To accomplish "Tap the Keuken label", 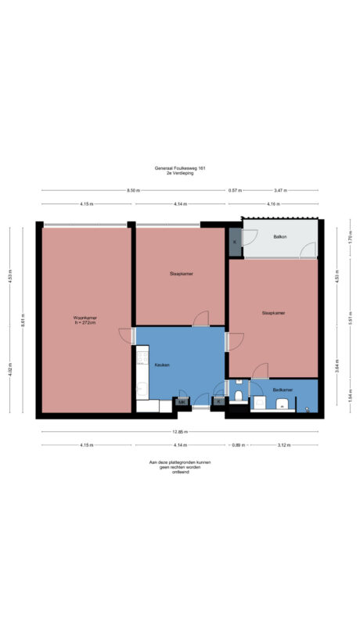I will [162, 365].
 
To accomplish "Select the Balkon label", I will [279, 236].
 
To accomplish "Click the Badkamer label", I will [283, 389].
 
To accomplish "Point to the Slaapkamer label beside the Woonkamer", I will [180, 274].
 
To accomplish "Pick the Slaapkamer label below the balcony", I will [273, 312].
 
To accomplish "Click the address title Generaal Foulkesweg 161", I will [180, 168].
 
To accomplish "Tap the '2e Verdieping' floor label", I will [180, 174].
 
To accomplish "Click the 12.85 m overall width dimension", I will [180, 433].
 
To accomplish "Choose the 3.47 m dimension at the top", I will [279, 190].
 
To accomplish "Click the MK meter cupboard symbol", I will [182, 402].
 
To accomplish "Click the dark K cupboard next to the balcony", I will [235, 242].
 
